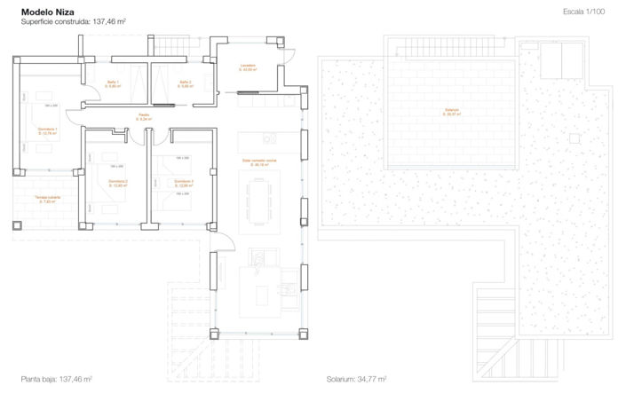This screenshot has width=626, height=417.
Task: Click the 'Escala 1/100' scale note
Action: [x=583, y=12]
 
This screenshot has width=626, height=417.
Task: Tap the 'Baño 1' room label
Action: [x=114, y=83]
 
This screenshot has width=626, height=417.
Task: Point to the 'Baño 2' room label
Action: [x=185, y=83]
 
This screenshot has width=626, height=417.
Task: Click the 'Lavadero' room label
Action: [x=248, y=67]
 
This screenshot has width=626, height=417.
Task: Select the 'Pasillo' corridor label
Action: [x=144, y=116]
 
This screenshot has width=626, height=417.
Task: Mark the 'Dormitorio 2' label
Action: [x=119, y=183]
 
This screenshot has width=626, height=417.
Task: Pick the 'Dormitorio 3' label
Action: [x=184, y=183]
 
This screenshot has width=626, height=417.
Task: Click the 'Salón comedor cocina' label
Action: [x=260, y=161]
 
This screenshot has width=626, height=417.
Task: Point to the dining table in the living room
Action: [x=260, y=200]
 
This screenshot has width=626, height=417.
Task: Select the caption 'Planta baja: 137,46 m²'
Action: [x=57, y=379]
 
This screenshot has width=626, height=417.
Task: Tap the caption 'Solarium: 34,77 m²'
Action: [x=356, y=379]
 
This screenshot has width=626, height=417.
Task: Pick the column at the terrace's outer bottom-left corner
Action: [x=17, y=225]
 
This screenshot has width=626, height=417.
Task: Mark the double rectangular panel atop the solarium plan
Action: [x=557, y=60]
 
